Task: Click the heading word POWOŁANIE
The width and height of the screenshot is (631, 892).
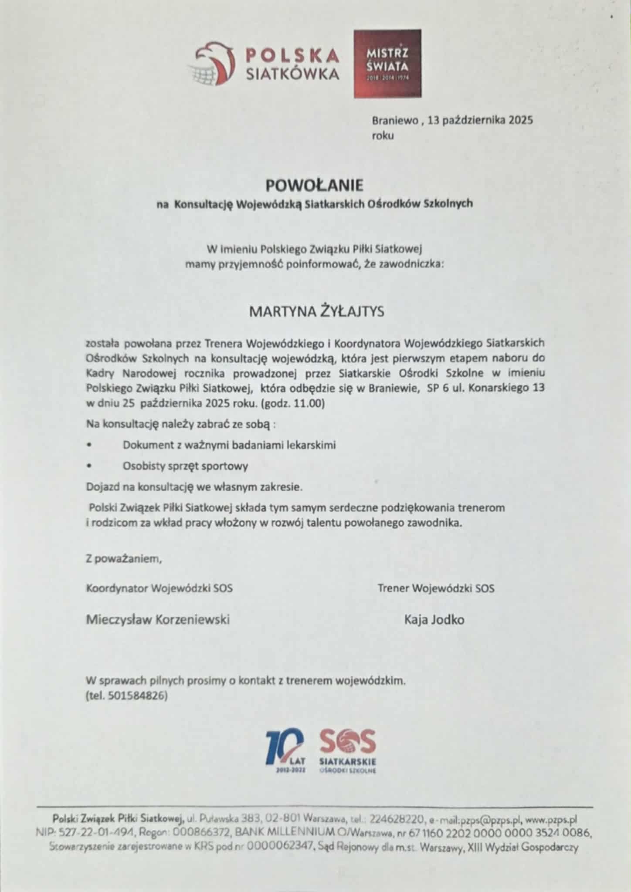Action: pyautogui.click(x=314, y=186)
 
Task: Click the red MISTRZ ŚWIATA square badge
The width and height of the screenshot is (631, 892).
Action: pyautogui.click(x=387, y=63)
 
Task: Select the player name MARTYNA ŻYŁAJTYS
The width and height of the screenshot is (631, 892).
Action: pyautogui.click(x=316, y=312)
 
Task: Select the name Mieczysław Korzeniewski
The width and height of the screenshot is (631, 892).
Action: pyautogui.click(x=158, y=619)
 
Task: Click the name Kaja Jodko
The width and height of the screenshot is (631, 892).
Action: pyautogui.click(x=434, y=619)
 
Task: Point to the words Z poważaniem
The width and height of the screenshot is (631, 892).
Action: pyautogui.click(x=124, y=559)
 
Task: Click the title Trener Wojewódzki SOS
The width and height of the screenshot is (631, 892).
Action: pyautogui.click(x=436, y=588)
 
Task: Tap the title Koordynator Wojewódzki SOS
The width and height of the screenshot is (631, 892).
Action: pyautogui.click(x=159, y=588)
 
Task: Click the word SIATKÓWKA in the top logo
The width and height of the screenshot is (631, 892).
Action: pyautogui.click(x=293, y=74)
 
